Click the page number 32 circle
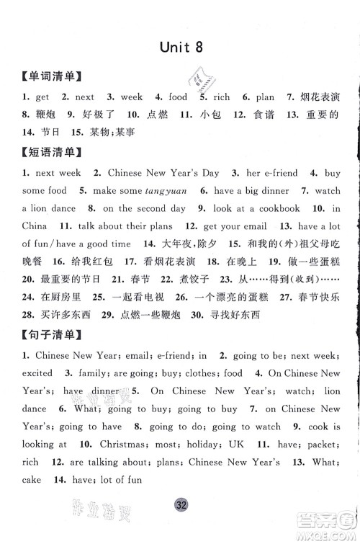tap(180, 525)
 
